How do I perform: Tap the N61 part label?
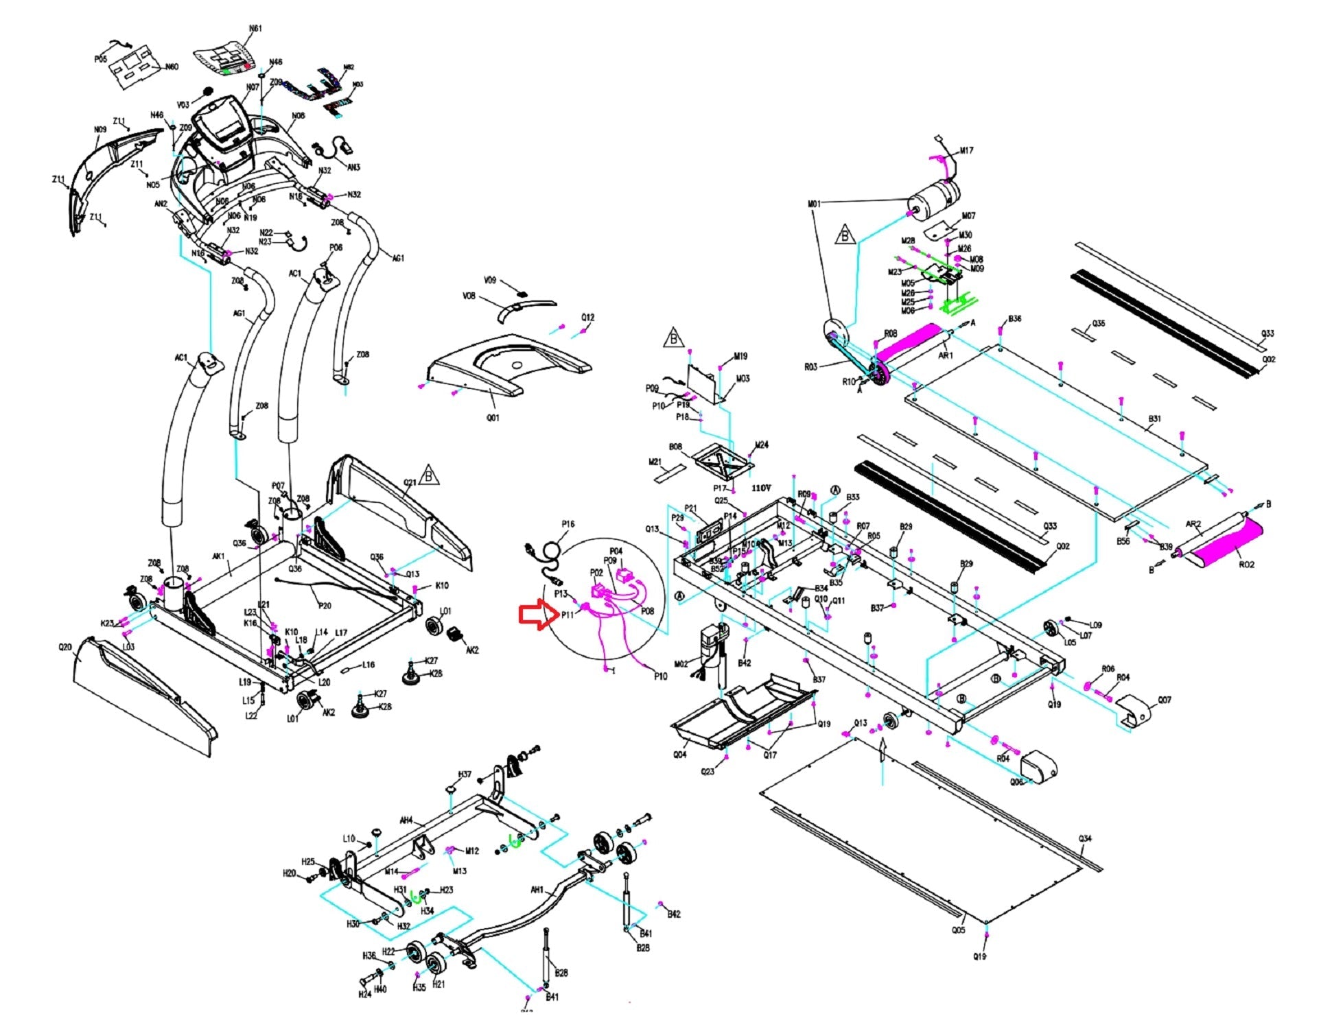(x=255, y=29)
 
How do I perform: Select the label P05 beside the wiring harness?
(x=100, y=59)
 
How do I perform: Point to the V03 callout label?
(x=183, y=105)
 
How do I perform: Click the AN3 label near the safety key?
(x=353, y=167)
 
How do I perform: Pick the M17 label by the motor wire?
(x=966, y=150)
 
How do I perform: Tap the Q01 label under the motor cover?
(x=493, y=418)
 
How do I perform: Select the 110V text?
(x=761, y=488)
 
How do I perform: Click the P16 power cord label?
(x=568, y=524)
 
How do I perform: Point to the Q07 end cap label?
(x=1165, y=700)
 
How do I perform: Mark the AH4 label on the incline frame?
(x=406, y=820)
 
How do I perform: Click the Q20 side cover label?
(x=65, y=647)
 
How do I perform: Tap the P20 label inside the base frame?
(x=325, y=606)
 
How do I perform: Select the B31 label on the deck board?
(x=1154, y=418)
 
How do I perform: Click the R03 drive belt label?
(x=810, y=367)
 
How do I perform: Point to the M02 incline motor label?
(x=681, y=664)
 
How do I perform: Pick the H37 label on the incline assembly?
(x=465, y=774)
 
